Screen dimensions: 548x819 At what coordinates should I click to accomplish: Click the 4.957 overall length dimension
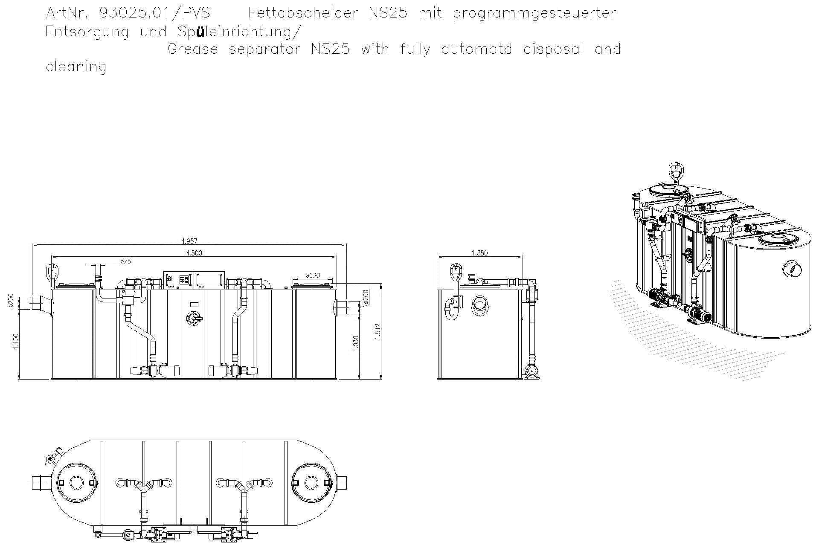point(189,241)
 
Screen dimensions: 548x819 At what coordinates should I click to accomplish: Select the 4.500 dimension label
point(194,253)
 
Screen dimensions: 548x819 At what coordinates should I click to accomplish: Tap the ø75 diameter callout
point(125,261)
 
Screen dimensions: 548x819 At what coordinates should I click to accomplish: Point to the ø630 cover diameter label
point(313,275)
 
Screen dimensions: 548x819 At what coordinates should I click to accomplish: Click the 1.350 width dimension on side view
point(479,253)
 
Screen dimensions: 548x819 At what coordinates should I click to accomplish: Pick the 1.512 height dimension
point(377,331)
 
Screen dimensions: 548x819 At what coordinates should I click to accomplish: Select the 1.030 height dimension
point(356,343)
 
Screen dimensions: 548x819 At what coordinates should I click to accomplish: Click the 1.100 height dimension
point(16,341)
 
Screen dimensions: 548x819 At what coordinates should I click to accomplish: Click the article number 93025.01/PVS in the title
point(154,13)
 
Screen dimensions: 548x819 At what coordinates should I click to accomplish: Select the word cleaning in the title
point(76,67)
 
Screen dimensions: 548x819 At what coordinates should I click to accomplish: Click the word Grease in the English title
point(193,49)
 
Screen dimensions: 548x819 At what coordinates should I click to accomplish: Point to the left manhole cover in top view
point(76,483)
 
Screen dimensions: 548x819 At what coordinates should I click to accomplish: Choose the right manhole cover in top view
point(311,483)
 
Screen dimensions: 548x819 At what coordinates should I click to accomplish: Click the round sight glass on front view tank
point(195,319)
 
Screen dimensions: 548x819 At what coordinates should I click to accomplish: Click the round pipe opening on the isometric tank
point(793,269)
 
